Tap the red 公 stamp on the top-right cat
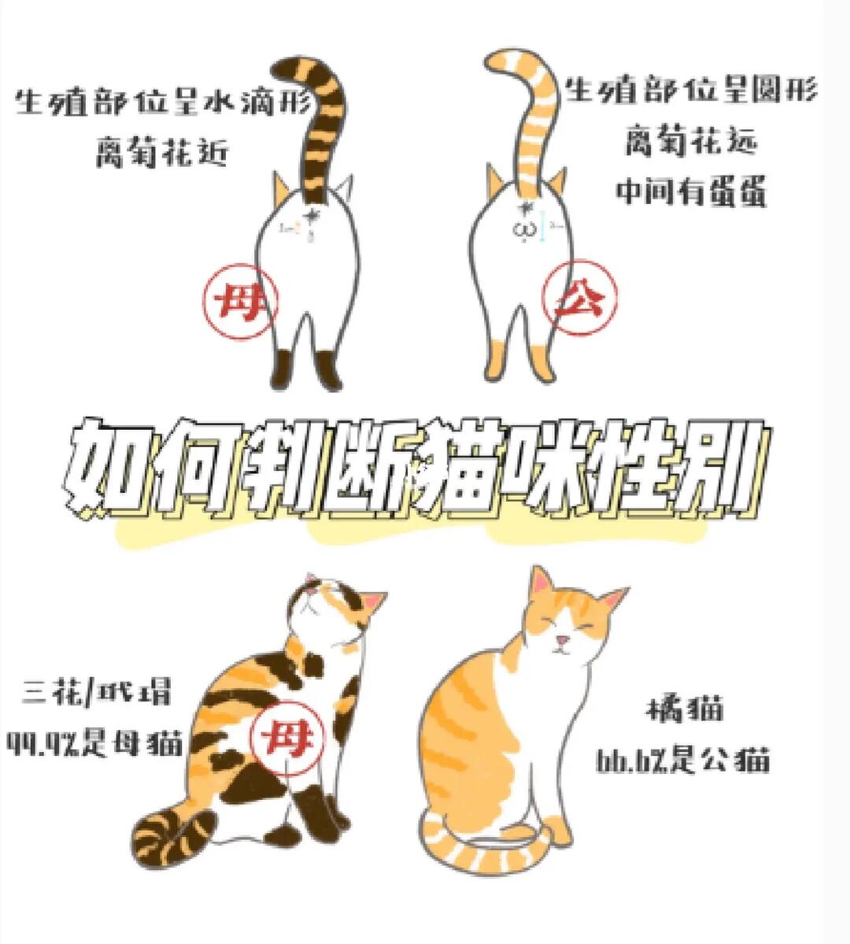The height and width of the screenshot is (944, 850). (579, 298)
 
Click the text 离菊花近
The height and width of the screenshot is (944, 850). (162, 151)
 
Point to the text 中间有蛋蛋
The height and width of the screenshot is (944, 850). (691, 191)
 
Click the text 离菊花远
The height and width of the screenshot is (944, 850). (691, 142)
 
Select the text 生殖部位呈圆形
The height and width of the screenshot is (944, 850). (691, 91)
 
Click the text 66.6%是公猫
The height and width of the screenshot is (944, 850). (682, 760)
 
